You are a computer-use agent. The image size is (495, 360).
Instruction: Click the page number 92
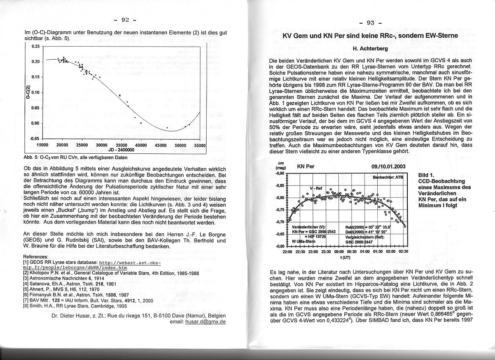[125, 19]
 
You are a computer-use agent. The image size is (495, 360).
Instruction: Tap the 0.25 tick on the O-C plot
[35, 46]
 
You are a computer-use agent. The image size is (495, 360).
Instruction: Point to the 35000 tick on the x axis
[121, 145]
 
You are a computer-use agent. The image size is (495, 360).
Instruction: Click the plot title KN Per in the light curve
[307, 166]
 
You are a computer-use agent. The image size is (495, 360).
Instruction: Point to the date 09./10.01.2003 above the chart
[388, 166]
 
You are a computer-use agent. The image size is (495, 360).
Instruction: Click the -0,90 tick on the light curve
[279, 174]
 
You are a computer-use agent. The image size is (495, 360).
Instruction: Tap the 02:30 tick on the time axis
[403, 251]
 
